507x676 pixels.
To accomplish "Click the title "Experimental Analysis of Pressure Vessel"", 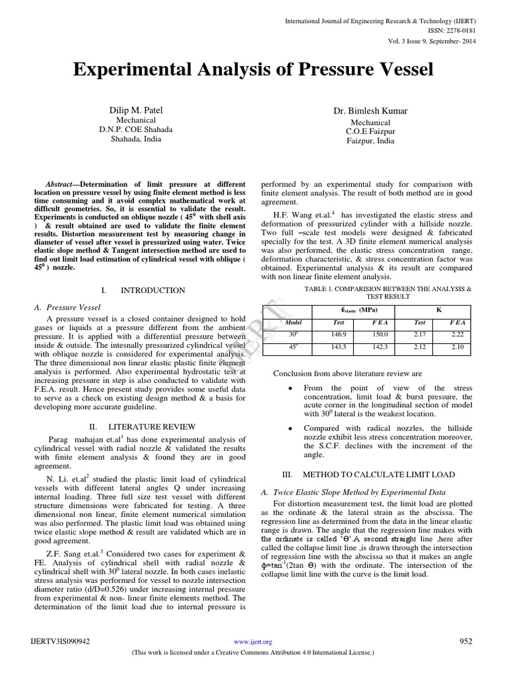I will click(x=253, y=70).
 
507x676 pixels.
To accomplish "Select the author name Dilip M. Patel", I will click(x=135, y=110).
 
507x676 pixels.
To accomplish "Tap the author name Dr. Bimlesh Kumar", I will click(x=370, y=112).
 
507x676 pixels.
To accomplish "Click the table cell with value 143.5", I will click(x=338, y=347).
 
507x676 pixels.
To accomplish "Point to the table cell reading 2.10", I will click(x=458, y=347).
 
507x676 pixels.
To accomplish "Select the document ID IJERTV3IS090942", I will click(x=60, y=641).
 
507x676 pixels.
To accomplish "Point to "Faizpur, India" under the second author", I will click(x=370, y=141).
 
